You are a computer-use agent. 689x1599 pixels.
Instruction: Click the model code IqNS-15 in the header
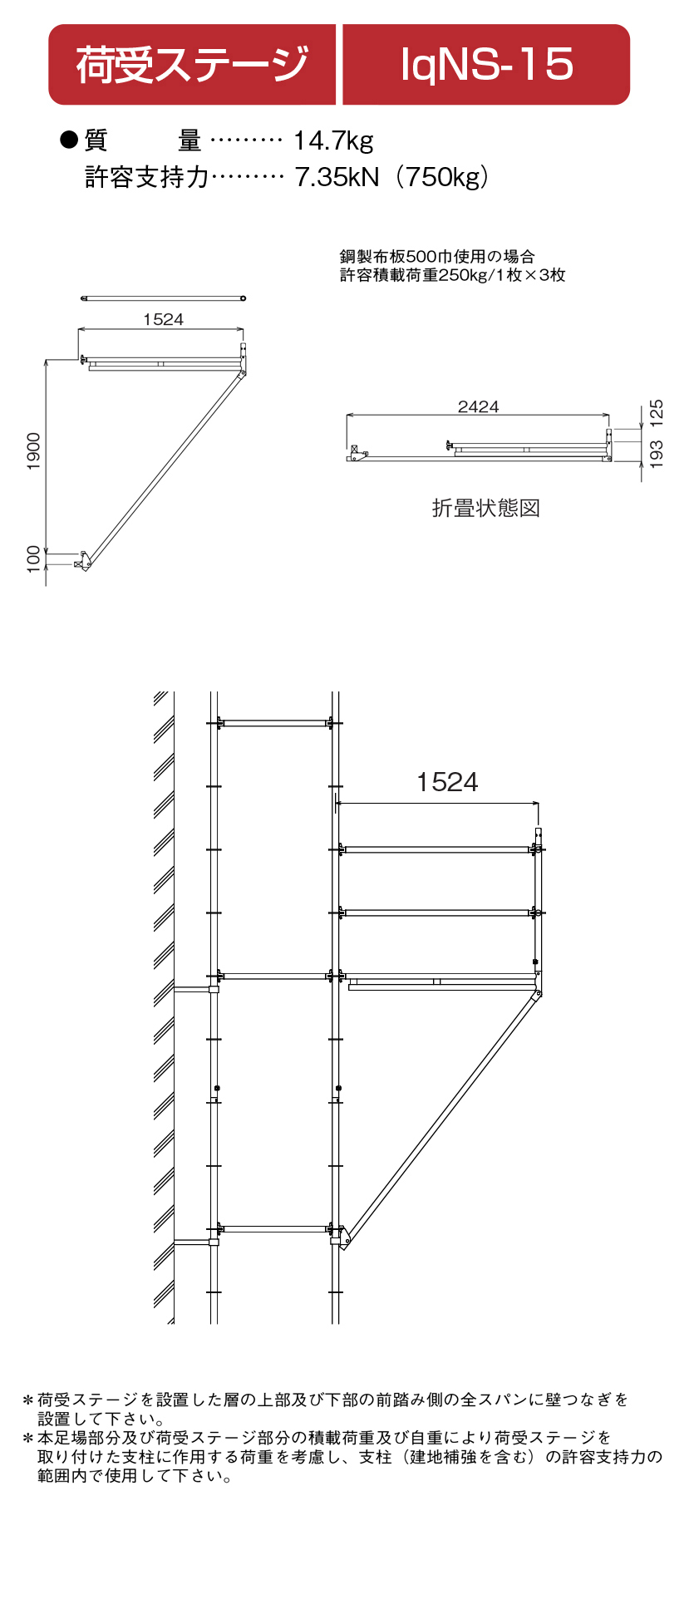(487, 65)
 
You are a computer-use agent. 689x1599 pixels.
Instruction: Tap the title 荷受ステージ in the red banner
(193, 65)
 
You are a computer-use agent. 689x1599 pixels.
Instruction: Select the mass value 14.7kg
(333, 140)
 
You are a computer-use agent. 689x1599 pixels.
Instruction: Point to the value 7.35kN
(337, 177)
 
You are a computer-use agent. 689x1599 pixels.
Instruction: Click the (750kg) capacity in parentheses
(441, 177)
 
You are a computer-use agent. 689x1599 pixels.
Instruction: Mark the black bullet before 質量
(68, 140)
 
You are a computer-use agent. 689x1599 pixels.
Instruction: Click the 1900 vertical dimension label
(34, 451)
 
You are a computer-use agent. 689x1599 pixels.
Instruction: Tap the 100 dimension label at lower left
(34, 559)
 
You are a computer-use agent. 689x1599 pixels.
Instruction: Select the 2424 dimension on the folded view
(478, 406)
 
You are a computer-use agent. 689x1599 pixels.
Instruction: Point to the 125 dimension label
(657, 413)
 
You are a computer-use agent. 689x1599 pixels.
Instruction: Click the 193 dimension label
(657, 455)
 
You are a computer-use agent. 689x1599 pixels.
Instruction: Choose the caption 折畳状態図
(486, 508)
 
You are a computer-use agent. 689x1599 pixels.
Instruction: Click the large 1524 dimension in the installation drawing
(447, 782)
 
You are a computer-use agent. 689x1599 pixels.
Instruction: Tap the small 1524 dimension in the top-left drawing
(163, 319)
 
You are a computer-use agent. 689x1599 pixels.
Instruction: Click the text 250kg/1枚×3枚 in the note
(502, 275)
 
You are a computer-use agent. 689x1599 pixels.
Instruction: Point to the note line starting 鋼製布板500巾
(437, 257)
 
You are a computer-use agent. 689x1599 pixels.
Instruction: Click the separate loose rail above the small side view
(163, 298)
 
